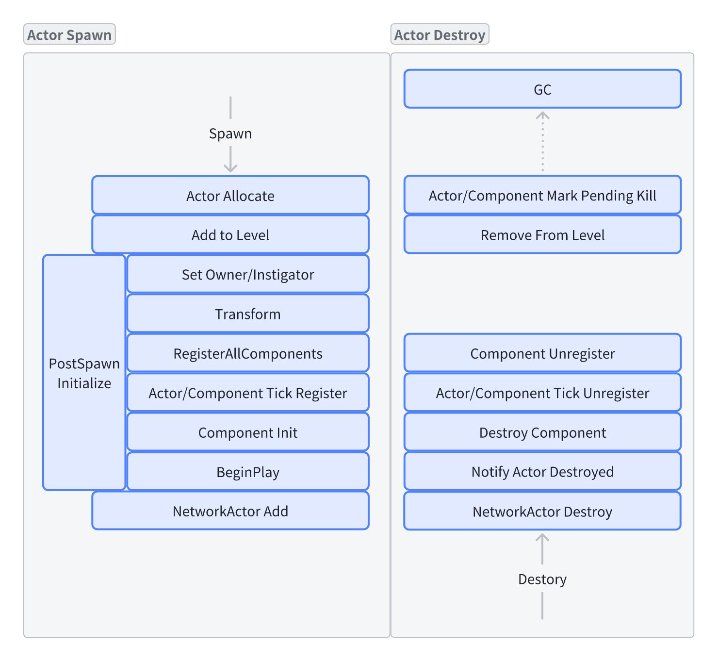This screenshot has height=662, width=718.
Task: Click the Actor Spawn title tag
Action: (x=69, y=34)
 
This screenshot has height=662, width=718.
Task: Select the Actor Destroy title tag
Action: (x=440, y=34)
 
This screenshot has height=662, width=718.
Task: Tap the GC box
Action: (x=542, y=89)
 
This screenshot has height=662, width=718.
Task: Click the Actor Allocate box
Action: (x=230, y=195)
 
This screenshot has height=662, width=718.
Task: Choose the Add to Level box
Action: (x=230, y=234)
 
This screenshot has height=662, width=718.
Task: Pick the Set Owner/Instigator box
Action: (x=248, y=274)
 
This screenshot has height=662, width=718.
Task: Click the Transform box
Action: (x=248, y=314)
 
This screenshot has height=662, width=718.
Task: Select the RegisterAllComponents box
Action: (x=248, y=353)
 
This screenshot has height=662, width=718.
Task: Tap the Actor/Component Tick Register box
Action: (x=248, y=392)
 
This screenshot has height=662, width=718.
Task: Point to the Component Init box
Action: (x=248, y=432)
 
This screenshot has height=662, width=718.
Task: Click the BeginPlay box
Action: (x=248, y=471)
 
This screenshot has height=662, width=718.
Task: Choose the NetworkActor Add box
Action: (x=230, y=511)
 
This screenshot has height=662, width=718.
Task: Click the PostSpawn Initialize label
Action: (x=84, y=373)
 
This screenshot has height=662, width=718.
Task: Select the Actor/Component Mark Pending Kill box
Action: (x=542, y=195)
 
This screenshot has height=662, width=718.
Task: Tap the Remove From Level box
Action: (x=542, y=234)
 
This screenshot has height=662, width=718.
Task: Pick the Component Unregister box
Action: (x=542, y=353)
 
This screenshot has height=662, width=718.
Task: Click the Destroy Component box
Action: (x=542, y=432)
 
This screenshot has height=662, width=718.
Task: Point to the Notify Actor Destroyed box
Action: (x=542, y=471)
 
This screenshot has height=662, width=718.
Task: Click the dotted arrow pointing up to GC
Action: (x=542, y=142)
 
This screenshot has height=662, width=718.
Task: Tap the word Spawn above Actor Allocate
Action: (x=230, y=134)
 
